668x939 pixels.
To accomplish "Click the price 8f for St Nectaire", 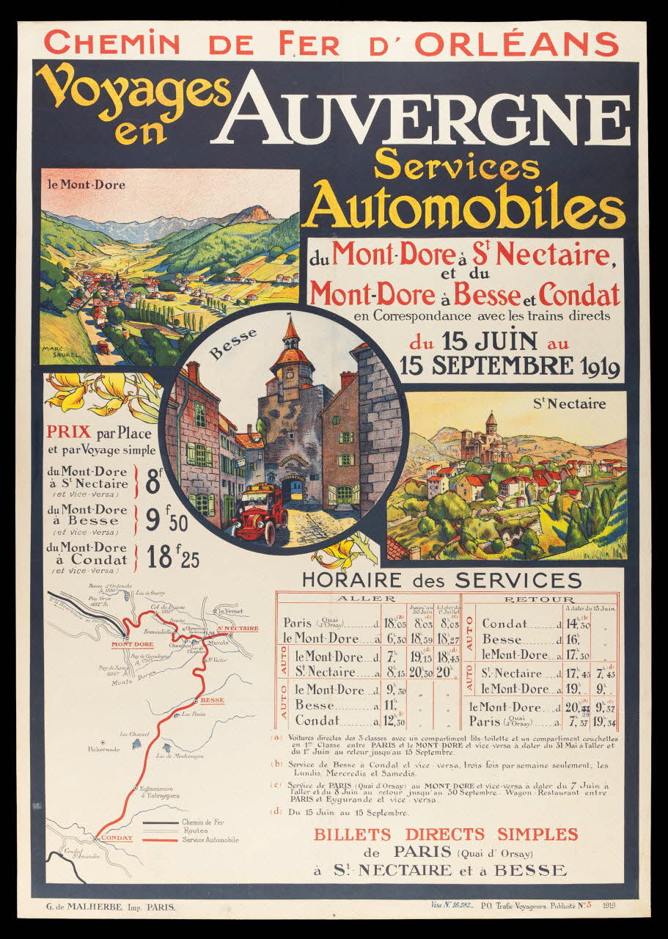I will tap(154, 482).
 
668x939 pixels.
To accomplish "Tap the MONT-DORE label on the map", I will tap(132, 644).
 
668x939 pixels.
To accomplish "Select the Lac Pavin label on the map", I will tap(194, 714).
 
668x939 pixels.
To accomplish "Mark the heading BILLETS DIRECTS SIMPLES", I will tap(446, 834).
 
